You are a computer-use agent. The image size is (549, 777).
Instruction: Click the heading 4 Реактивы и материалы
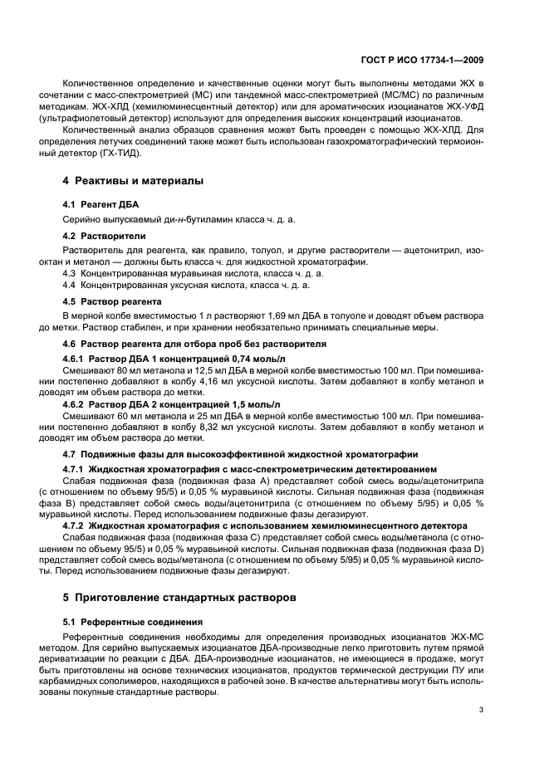tap(134, 181)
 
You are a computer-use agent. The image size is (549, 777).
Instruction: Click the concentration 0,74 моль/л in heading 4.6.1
tap(243, 357)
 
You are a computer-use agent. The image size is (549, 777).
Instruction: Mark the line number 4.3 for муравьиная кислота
tap(71, 273)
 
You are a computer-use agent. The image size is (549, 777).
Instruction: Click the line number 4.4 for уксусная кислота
tap(71, 285)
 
